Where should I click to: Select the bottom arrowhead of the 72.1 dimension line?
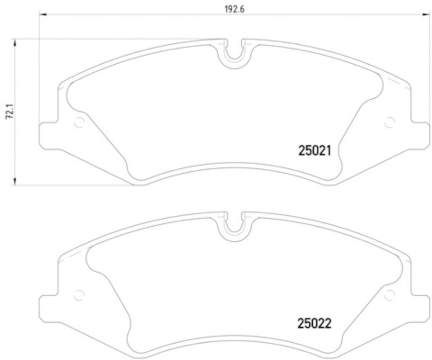16,182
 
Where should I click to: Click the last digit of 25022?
327,324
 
